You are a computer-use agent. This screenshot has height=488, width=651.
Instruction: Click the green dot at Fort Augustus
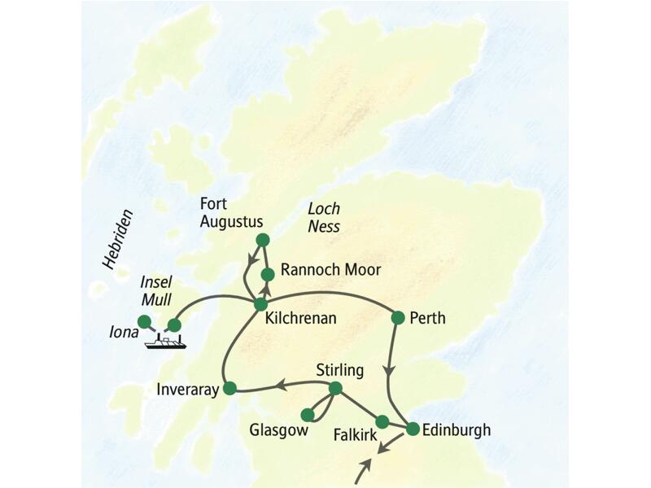point(262,239)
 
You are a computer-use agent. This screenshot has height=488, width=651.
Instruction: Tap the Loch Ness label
point(323,216)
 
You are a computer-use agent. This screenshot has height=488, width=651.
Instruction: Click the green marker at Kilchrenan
point(260,304)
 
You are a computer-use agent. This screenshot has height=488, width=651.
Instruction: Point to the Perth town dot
point(398,317)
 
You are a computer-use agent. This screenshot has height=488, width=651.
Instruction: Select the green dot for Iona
point(144,320)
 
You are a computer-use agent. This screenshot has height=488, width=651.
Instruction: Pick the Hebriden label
point(118,239)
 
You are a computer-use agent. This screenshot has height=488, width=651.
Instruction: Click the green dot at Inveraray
point(229,389)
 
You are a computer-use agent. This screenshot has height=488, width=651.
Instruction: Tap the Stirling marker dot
point(334,389)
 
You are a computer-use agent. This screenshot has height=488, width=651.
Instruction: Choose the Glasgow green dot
point(308,415)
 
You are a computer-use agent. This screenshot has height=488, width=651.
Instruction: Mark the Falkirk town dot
point(382,421)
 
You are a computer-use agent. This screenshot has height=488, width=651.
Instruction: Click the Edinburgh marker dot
point(413,429)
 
